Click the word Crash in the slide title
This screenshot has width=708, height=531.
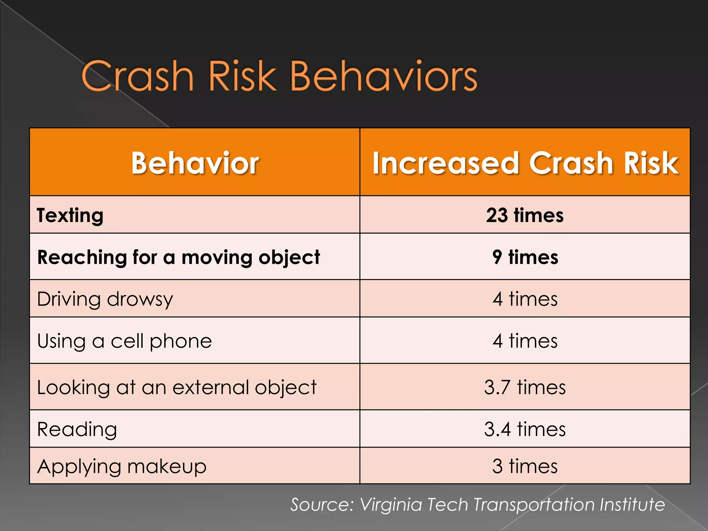click(137, 76)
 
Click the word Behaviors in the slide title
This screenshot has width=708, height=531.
click(384, 76)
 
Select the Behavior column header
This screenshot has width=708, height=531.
click(195, 163)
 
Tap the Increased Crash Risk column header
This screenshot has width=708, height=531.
click(525, 163)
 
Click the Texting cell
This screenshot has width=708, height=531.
click(70, 215)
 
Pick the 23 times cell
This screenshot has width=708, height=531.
click(525, 215)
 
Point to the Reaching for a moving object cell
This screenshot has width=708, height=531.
click(178, 257)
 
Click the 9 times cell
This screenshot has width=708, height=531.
click(525, 257)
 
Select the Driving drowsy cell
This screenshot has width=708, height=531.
click(105, 299)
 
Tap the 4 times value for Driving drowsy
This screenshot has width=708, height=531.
click(525, 299)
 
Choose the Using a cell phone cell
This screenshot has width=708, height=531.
click(124, 341)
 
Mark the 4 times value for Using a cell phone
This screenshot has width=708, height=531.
click(525, 341)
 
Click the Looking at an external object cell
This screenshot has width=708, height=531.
click(176, 387)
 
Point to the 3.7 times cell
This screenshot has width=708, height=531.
click(525, 387)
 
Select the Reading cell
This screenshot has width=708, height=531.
click(77, 429)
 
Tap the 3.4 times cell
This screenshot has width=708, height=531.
click(525, 429)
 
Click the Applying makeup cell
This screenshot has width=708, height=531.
click(122, 466)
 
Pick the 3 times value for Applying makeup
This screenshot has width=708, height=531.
click(525, 466)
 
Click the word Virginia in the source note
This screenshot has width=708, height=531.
click(391, 505)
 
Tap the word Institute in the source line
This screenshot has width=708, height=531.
click(632, 505)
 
